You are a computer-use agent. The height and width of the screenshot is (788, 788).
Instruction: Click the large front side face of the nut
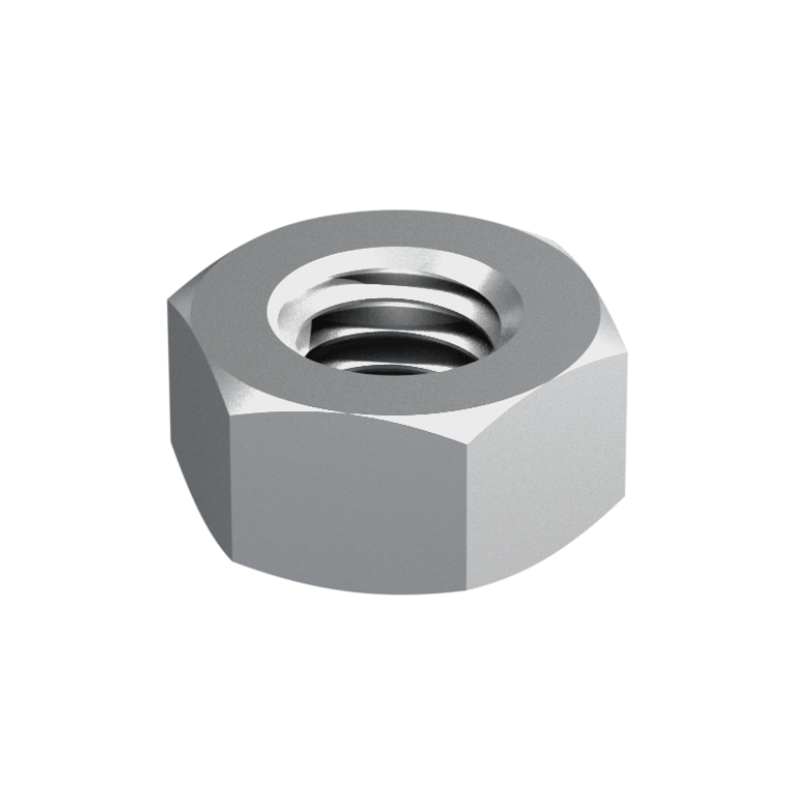[349, 502]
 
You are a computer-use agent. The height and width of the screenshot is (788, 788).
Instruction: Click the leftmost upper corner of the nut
[171, 300]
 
